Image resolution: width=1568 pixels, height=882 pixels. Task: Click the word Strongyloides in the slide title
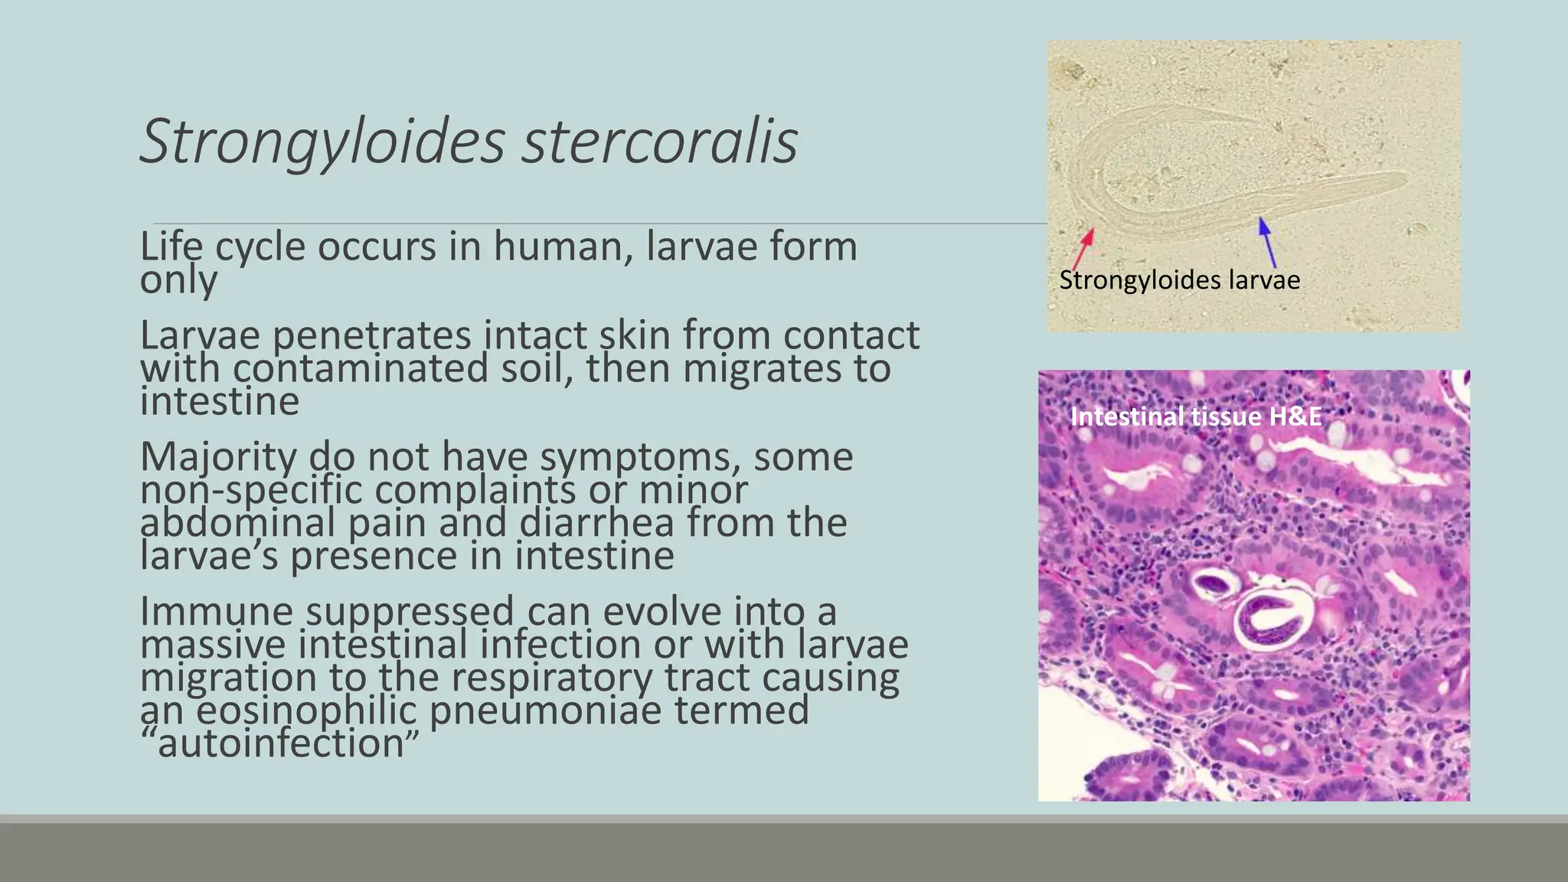tap(322, 142)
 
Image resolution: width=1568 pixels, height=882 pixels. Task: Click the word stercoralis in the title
tap(659, 142)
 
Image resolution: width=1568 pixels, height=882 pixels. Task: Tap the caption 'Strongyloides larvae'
tap(1179, 280)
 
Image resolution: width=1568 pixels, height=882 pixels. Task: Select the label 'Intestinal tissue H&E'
tap(1195, 416)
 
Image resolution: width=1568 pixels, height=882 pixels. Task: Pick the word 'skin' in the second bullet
tap(635, 335)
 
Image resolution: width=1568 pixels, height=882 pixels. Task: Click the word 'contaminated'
tap(361, 368)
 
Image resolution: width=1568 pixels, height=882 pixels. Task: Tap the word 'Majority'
tap(218, 457)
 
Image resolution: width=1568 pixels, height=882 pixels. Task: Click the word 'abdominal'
tap(237, 523)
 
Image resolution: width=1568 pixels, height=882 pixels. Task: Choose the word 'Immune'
tap(217, 612)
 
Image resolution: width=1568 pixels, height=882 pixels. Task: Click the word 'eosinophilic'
tap(306, 710)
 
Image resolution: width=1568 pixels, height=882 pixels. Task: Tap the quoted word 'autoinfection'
tap(280, 743)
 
